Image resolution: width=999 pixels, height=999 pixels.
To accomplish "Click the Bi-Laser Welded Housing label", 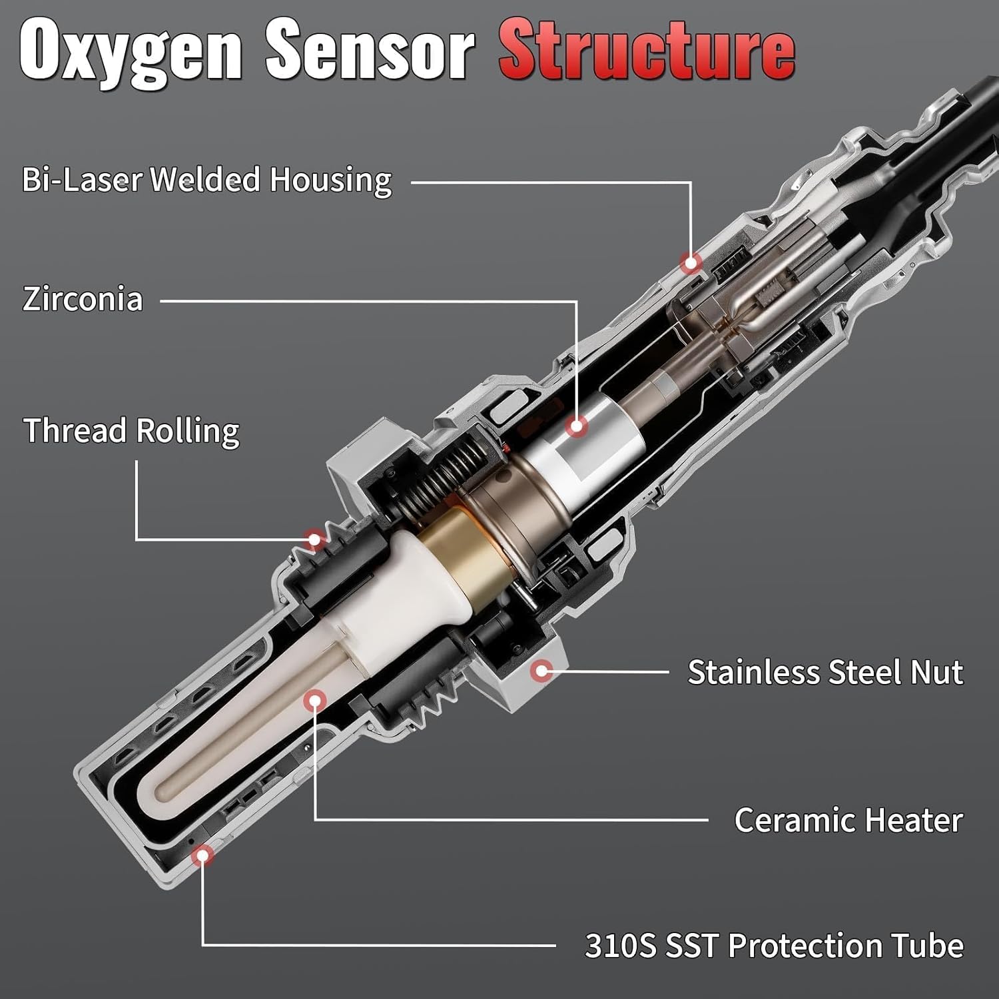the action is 207,180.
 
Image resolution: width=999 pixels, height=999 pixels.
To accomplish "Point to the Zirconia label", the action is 83,300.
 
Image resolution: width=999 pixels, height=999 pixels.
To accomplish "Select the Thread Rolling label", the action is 131,431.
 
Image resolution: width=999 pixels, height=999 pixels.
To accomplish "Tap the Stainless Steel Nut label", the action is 825,672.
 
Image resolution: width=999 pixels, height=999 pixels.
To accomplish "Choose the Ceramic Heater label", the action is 848,820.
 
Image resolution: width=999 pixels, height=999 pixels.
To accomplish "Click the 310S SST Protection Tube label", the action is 773,945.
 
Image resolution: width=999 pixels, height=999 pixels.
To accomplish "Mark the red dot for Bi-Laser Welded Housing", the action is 691,262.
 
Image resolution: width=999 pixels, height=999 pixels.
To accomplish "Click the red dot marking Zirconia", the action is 577,426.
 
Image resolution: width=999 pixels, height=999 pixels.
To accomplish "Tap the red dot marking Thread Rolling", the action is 314,538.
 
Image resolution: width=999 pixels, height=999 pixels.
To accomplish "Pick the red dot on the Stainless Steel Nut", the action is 542,670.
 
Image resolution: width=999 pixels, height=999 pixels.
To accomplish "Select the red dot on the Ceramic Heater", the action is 314,701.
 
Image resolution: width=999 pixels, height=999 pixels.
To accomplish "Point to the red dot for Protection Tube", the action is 203,854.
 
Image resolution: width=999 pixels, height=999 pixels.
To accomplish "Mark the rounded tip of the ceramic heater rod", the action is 164,790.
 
